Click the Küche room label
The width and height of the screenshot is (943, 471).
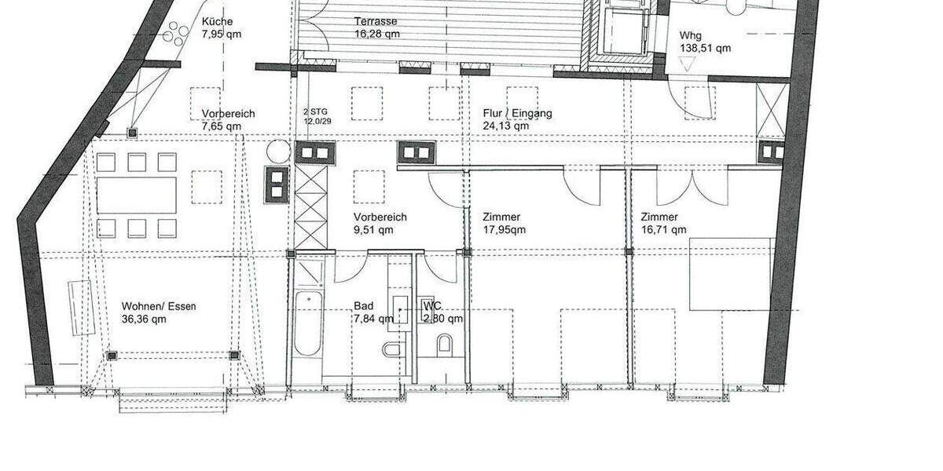pyautogui.click(x=216, y=21)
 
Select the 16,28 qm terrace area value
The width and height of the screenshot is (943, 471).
pyautogui.click(x=376, y=34)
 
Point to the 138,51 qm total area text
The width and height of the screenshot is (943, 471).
pyautogui.click(x=704, y=48)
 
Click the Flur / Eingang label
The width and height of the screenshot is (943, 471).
pyautogui.click(x=516, y=113)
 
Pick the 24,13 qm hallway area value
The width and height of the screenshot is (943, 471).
pyautogui.click(x=507, y=126)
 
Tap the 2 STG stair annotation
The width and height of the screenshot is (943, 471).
pyautogui.click(x=314, y=113)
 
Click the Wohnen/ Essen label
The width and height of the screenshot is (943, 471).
pyautogui.click(x=159, y=306)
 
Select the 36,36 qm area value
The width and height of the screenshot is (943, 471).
pyautogui.click(x=144, y=319)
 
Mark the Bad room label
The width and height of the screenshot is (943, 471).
pyautogui.click(x=363, y=306)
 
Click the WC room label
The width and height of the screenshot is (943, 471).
pyautogui.click(x=431, y=305)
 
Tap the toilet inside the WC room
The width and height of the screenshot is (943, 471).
pyautogui.click(x=444, y=344)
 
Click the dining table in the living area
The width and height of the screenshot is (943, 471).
pyautogui.click(x=137, y=195)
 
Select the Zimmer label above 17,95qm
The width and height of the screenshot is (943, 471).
pyautogui.click(x=501, y=217)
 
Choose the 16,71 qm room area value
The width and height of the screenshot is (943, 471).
pyautogui.click(x=663, y=230)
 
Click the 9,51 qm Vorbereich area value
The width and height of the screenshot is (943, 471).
pyautogui.click(x=374, y=230)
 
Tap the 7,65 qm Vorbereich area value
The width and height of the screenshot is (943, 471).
pyautogui.click(x=222, y=126)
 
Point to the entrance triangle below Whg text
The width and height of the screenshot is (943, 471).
pyautogui.click(x=689, y=67)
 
